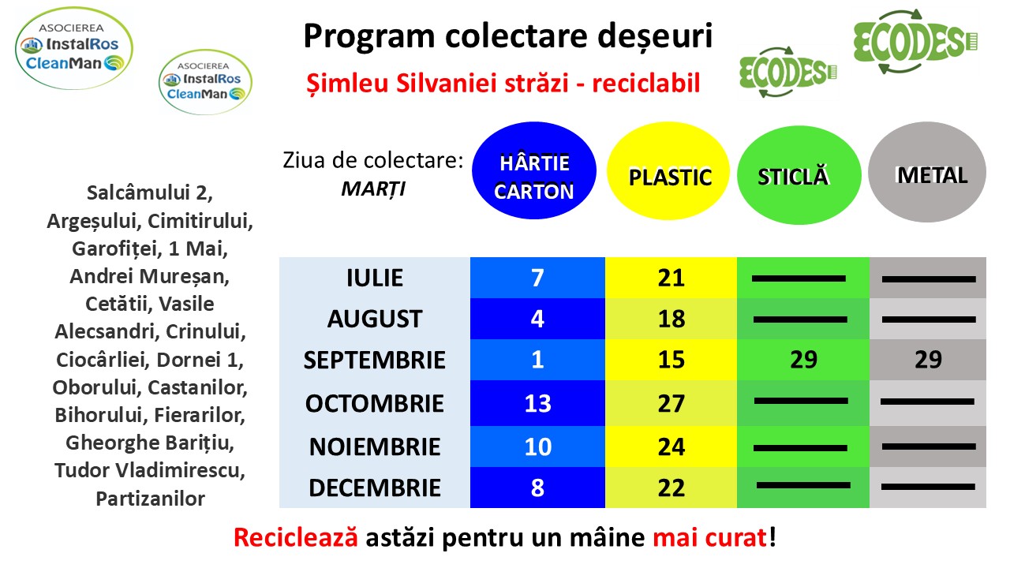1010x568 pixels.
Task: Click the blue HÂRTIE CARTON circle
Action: tap(534, 170)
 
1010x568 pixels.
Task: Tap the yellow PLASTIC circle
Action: tap(668, 171)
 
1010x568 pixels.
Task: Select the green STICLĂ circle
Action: tap(799, 175)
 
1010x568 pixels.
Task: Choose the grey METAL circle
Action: tap(927, 172)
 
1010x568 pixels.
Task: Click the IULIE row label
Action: tap(375, 278)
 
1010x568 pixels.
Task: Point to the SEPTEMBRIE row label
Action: tap(374, 361)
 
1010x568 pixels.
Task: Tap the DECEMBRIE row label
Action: tap(375, 488)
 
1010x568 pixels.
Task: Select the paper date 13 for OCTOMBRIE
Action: tap(537, 403)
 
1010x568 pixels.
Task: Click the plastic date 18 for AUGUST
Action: tap(671, 319)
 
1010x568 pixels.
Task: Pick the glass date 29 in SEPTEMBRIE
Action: tap(803, 360)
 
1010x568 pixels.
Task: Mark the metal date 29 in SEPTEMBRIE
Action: tap(928, 360)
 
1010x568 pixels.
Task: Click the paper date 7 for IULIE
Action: tap(537, 278)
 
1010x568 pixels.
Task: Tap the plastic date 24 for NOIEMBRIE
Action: tap(671, 447)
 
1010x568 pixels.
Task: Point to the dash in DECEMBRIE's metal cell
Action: tap(928, 487)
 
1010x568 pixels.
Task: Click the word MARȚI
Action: tap(373, 189)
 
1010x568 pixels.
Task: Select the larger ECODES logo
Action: tap(915, 42)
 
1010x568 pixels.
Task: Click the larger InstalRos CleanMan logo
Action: tap(74, 48)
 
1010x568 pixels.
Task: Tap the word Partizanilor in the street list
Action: tap(150, 499)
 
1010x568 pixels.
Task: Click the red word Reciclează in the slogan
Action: tap(296, 537)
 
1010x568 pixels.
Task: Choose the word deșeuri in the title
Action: tap(655, 35)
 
